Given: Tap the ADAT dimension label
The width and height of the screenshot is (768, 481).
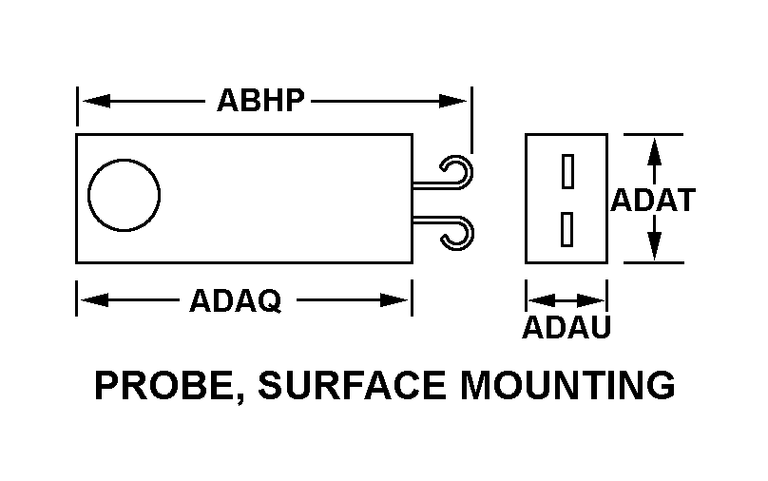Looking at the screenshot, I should point(653,201).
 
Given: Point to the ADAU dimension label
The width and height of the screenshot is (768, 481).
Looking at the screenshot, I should point(566,327).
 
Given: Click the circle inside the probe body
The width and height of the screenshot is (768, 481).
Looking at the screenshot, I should point(124,196).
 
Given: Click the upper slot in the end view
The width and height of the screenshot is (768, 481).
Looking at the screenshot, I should point(567,170).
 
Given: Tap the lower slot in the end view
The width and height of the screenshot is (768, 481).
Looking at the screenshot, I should point(567,228).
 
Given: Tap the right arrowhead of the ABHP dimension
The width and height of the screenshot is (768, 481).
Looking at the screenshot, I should point(457,99).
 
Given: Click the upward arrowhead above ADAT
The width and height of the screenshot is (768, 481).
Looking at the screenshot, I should point(654,148).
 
